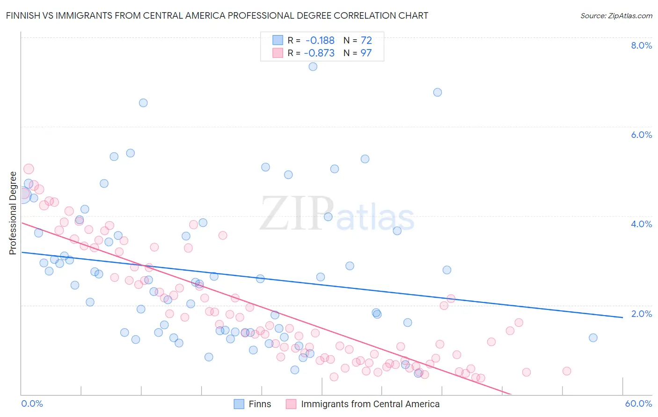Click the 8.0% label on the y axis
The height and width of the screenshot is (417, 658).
point(641,45)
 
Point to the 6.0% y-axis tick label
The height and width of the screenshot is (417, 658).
point(641,135)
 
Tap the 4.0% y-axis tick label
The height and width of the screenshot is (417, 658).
point(641,224)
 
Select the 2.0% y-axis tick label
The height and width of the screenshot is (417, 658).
point(641,314)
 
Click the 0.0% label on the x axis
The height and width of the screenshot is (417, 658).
point(32,403)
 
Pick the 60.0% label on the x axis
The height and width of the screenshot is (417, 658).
point(638,403)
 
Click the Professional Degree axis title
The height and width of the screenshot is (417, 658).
point(13,213)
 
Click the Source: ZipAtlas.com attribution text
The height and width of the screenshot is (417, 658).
point(616,15)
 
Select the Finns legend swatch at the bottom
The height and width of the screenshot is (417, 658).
point(239,404)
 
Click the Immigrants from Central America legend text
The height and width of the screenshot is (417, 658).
point(370,404)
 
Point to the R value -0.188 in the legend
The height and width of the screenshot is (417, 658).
point(320,41)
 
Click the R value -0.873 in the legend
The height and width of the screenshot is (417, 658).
point(319,53)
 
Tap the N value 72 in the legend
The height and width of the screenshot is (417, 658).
point(366,41)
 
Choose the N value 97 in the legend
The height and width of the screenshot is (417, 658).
point(366,53)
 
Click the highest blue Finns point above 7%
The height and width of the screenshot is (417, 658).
point(313,66)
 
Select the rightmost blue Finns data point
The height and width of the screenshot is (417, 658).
point(593,338)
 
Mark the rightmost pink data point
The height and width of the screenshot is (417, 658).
point(567,371)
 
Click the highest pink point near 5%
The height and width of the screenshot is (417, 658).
point(29,169)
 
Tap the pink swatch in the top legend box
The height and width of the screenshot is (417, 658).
point(278,53)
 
